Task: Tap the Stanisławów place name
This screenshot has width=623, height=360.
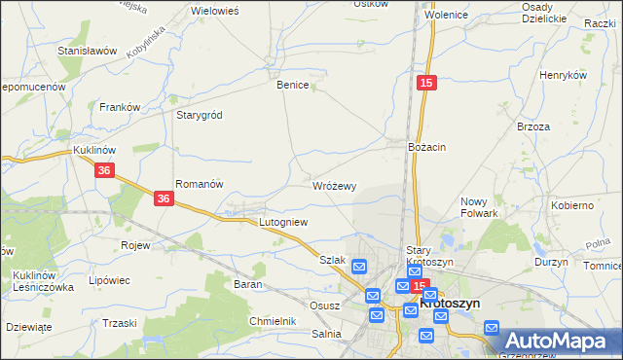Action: click(x=88, y=50)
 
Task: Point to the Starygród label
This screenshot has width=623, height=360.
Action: click(x=200, y=115)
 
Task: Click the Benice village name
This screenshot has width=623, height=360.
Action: click(x=292, y=85)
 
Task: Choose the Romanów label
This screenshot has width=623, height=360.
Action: click(x=200, y=184)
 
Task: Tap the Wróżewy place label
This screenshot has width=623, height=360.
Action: click(x=335, y=185)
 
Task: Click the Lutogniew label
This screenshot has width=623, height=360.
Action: click(x=283, y=223)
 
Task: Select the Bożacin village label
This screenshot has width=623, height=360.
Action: click(x=426, y=147)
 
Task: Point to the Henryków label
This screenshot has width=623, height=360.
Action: click(x=563, y=75)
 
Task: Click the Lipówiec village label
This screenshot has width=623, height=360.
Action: click(x=109, y=280)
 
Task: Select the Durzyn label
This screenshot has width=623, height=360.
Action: click(x=551, y=263)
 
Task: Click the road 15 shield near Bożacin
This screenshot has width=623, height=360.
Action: click(x=425, y=85)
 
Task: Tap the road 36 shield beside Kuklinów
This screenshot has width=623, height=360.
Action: click(x=106, y=170)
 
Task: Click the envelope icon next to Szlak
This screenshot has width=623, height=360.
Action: click(x=359, y=267)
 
